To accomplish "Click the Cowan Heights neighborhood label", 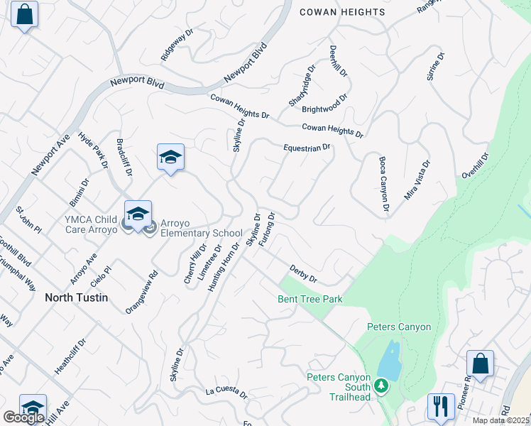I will pyautogui.click(x=342, y=12).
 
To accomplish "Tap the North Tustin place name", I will pyautogui.click(x=77, y=297).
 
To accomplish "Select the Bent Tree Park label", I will pyautogui.click(x=310, y=299).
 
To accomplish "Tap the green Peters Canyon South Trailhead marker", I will pyautogui.click(x=381, y=386).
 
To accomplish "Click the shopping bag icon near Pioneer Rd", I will pyautogui.click(x=480, y=364).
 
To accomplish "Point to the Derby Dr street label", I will pyautogui.click(x=303, y=273).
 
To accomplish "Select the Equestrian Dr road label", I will pyautogui.click(x=307, y=148).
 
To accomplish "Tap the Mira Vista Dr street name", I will pyautogui.click(x=417, y=180).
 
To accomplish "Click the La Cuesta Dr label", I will pyautogui.click(x=226, y=392).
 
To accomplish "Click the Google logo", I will pyautogui.click(x=23, y=417).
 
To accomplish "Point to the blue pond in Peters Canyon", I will pyautogui.click(x=389, y=359).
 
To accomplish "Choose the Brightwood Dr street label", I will pyautogui.click(x=324, y=104).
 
